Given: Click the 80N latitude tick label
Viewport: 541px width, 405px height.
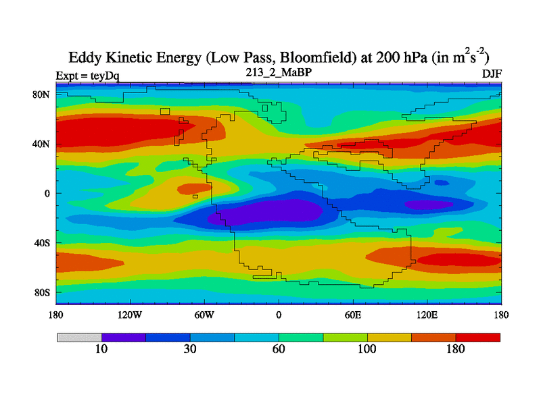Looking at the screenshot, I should [42, 94].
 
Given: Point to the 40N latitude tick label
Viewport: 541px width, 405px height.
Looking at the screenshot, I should [42, 144].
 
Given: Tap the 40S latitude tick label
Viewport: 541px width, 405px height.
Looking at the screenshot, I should [42, 242].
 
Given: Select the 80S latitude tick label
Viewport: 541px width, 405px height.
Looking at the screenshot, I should [42, 292].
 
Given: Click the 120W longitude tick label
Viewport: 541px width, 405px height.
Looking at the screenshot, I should [129, 315].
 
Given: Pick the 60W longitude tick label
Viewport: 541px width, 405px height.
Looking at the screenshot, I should [204, 315].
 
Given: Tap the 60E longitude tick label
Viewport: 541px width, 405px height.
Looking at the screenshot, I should [352, 315].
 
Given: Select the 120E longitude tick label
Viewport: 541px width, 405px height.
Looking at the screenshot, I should [427, 315].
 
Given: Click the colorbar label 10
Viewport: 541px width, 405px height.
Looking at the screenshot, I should [101, 350].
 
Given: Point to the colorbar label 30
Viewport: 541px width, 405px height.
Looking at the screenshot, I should [190, 350].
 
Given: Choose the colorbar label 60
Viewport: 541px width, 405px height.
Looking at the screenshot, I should [279, 350].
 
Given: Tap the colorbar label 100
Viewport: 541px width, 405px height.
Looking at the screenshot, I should [367, 350].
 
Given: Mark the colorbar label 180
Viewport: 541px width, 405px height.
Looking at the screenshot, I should [456, 350].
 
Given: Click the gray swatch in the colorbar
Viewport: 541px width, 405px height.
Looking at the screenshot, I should [79, 337].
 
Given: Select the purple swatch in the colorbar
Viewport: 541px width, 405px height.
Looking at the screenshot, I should [124, 337].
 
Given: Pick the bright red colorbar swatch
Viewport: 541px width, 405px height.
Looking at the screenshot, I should [478, 337].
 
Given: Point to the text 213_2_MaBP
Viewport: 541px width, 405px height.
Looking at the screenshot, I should [278, 72].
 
